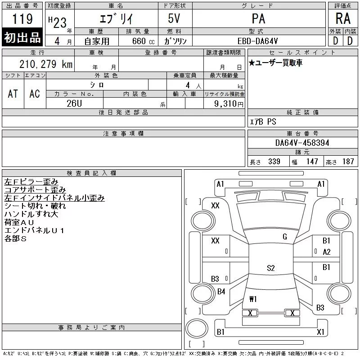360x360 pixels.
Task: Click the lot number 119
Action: (x=22, y=19)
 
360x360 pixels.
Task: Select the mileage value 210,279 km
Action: (x=46, y=64)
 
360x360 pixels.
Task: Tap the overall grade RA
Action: (x=343, y=18)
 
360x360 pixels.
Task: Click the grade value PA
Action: (x=258, y=18)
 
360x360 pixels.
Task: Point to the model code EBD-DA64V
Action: (x=257, y=41)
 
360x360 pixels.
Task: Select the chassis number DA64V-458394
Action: (x=302, y=143)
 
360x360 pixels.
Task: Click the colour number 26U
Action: (x=74, y=103)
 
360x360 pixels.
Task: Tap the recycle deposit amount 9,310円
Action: (x=229, y=104)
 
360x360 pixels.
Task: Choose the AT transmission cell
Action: (x=13, y=94)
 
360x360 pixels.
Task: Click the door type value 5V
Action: (x=174, y=18)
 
